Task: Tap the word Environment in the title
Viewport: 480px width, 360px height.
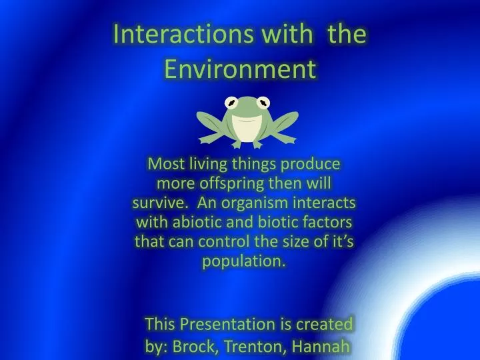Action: (x=239, y=68)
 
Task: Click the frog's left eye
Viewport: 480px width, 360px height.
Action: (x=231, y=103)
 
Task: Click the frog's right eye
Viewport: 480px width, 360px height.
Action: (x=265, y=103)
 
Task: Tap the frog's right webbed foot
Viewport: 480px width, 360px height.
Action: (x=291, y=133)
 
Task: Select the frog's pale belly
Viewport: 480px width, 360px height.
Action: (x=247, y=133)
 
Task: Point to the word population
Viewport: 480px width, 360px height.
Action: (x=244, y=261)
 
